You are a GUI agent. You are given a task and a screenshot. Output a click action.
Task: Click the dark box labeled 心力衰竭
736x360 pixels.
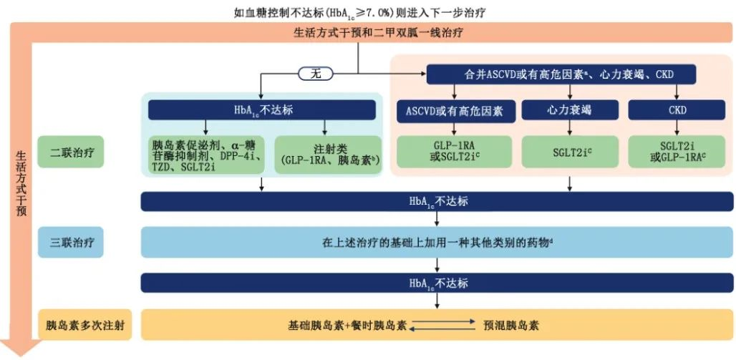tap(570, 110)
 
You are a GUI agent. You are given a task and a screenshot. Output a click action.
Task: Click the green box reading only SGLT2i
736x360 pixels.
tap(570, 152)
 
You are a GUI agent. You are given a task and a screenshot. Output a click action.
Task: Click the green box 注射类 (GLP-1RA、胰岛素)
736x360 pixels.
tap(326, 154)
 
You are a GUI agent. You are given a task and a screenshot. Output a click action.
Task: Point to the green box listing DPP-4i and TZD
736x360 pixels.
tap(205, 154)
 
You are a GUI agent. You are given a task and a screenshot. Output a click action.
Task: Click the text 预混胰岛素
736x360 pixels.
tap(515, 324)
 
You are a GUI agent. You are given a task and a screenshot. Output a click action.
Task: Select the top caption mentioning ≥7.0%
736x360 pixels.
tap(372, 10)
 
